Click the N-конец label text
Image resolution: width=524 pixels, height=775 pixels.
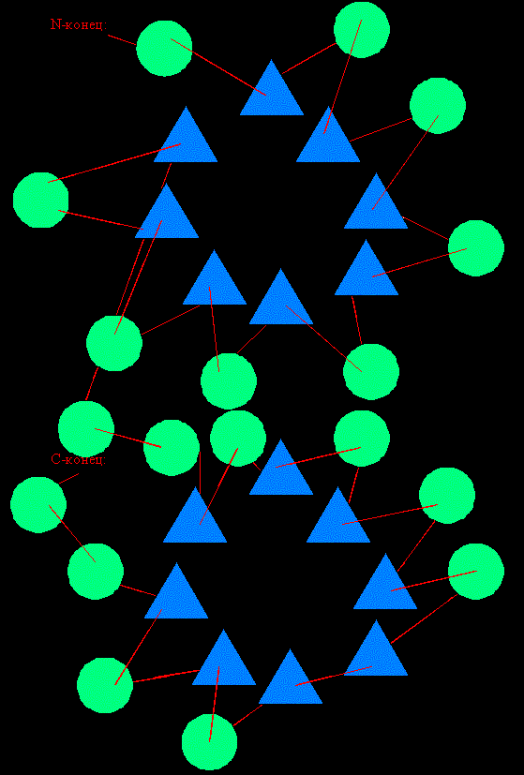pyautogui.click(x=79, y=24)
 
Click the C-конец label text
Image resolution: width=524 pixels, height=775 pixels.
pyautogui.click(x=79, y=459)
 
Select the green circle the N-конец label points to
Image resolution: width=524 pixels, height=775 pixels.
pyautogui.click(x=164, y=49)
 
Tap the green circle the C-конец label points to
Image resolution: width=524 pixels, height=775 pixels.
pyautogui.click(x=38, y=504)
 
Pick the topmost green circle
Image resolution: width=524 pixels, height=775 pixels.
pyautogui.click(x=362, y=30)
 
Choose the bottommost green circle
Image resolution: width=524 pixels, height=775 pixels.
pyautogui.click(x=210, y=742)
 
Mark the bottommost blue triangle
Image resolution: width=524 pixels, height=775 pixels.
pyautogui.click(x=291, y=682)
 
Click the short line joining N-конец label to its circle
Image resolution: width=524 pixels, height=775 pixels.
pyautogui.click(x=122, y=39)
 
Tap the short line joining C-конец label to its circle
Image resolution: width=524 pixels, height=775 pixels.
pyautogui.click(x=68, y=479)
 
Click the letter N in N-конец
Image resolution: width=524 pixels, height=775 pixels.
pyautogui.click(x=55, y=24)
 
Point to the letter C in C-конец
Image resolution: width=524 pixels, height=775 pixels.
pyautogui.click(x=55, y=459)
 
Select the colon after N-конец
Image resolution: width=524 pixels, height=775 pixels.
pyautogui.click(x=105, y=26)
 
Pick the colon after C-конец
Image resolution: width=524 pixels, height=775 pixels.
pyautogui.click(x=105, y=461)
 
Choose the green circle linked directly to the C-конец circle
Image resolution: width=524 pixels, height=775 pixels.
pyautogui.click(x=96, y=572)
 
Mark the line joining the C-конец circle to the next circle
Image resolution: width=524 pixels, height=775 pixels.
pyautogui.click(x=72, y=533)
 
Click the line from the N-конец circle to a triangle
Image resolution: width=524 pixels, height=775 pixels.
pyautogui.click(x=218, y=67)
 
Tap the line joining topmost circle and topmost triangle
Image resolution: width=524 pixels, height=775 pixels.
pyautogui.click(x=309, y=58)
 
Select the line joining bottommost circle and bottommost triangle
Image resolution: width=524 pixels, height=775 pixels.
pyautogui.click(x=247, y=715)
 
